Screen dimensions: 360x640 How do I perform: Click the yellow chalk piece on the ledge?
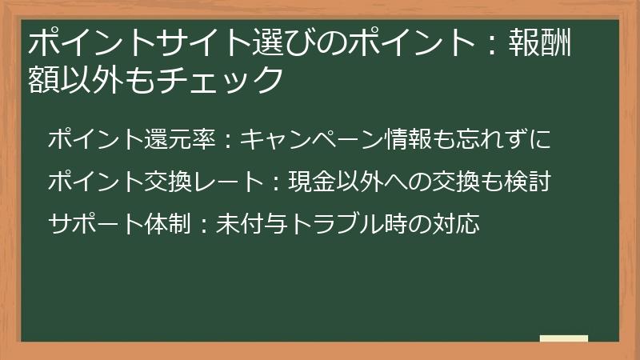563,338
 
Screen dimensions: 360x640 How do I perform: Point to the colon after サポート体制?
204,225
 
